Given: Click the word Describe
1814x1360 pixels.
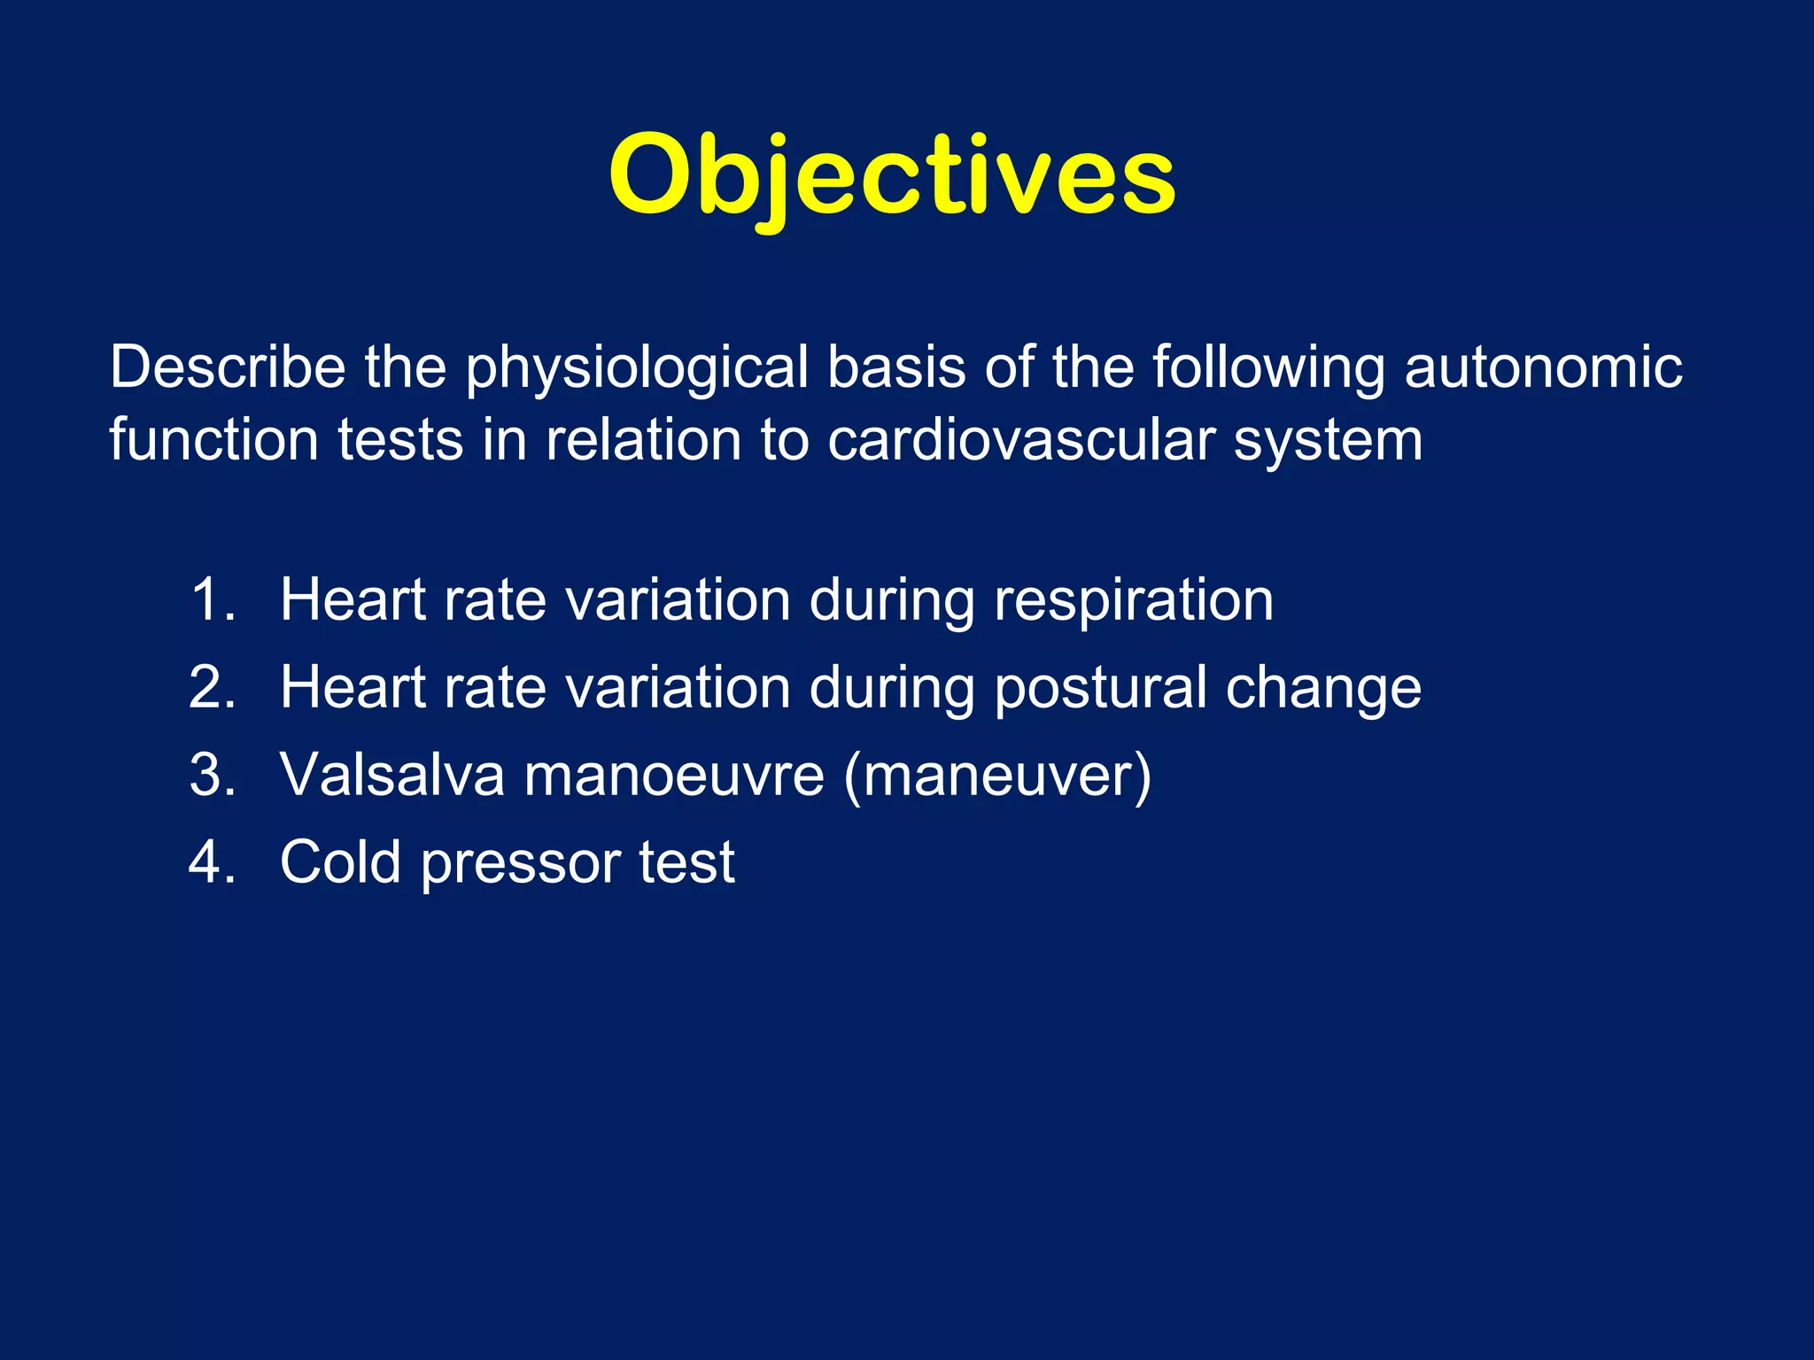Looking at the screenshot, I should [x=228, y=367].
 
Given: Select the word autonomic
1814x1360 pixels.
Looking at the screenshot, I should [x=1543, y=367].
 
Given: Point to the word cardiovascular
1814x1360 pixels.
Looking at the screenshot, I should [x=1020, y=440].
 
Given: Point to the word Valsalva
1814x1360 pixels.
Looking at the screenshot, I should [x=391, y=775].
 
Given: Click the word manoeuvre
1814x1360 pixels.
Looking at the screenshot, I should [x=674, y=777].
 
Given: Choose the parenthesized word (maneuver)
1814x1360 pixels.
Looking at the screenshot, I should [x=997, y=777].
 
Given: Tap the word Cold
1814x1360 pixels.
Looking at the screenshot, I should [x=340, y=862].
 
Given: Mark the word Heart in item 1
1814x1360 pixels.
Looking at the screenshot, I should [x=353, y=599].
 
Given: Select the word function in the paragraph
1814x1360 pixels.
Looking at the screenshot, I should [x=213, y=440].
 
